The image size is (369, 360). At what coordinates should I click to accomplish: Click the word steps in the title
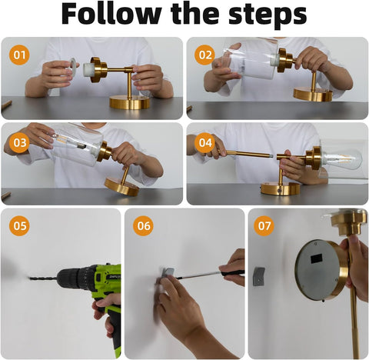pyautogui.click(x=265, y=15)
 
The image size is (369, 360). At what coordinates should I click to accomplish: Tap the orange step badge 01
pyautogui.click(x=20, y=55)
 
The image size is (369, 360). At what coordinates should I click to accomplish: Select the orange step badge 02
pyautogui.click(x=204, y=55)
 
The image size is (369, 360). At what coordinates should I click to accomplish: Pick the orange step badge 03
pyautogui.click(x=20, y=142)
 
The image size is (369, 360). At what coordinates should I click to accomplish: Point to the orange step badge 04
pyautogui.click(x=204, y=142)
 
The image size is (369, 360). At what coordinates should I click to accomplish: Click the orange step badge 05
pyautogui.click(x=20, y=227)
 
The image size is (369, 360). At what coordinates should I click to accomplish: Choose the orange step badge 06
pyautogui.click(x=143, y=227)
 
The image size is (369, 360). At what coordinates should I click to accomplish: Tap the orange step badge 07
pyautogui.click(x=265, y=227)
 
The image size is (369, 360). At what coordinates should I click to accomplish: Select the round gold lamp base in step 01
pyautogui.click(x=130, y=102)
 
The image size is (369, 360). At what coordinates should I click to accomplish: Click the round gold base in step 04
pyautogui.click(x=279, y=188)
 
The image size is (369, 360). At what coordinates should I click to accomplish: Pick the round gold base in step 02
pyautogui.click(x=312, y=95)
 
